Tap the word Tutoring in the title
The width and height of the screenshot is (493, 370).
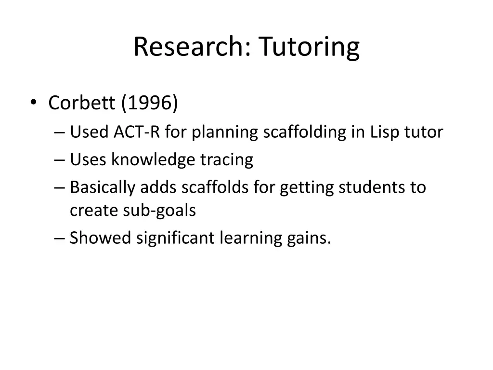click(x=309, y=47)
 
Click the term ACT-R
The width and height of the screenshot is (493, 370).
click(x=136, y=132)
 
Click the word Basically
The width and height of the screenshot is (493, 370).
click(x=103, y=187)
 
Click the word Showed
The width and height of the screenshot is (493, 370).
click(x=100, y=238)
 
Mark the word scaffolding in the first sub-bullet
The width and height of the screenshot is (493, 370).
click(x=304, y=132)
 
